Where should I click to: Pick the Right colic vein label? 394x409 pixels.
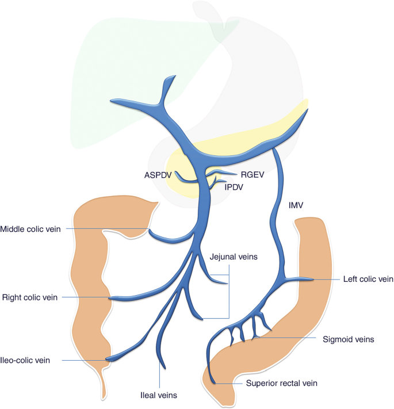point(29,297)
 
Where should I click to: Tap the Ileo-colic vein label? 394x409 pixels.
point(26,361)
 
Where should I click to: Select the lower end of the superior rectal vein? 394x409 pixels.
point(213,380)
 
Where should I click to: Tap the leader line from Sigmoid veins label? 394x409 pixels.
point(288,339)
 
